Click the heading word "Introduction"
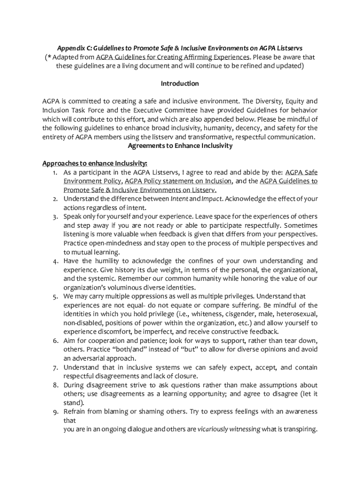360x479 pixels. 180,84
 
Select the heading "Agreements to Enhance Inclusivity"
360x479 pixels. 180,146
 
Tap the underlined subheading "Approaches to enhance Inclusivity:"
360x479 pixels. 94,164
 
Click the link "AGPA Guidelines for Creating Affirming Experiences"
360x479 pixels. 173,57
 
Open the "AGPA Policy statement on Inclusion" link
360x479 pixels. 178,181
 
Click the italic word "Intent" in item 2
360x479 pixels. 179,199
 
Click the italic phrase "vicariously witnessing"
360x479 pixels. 229,429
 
